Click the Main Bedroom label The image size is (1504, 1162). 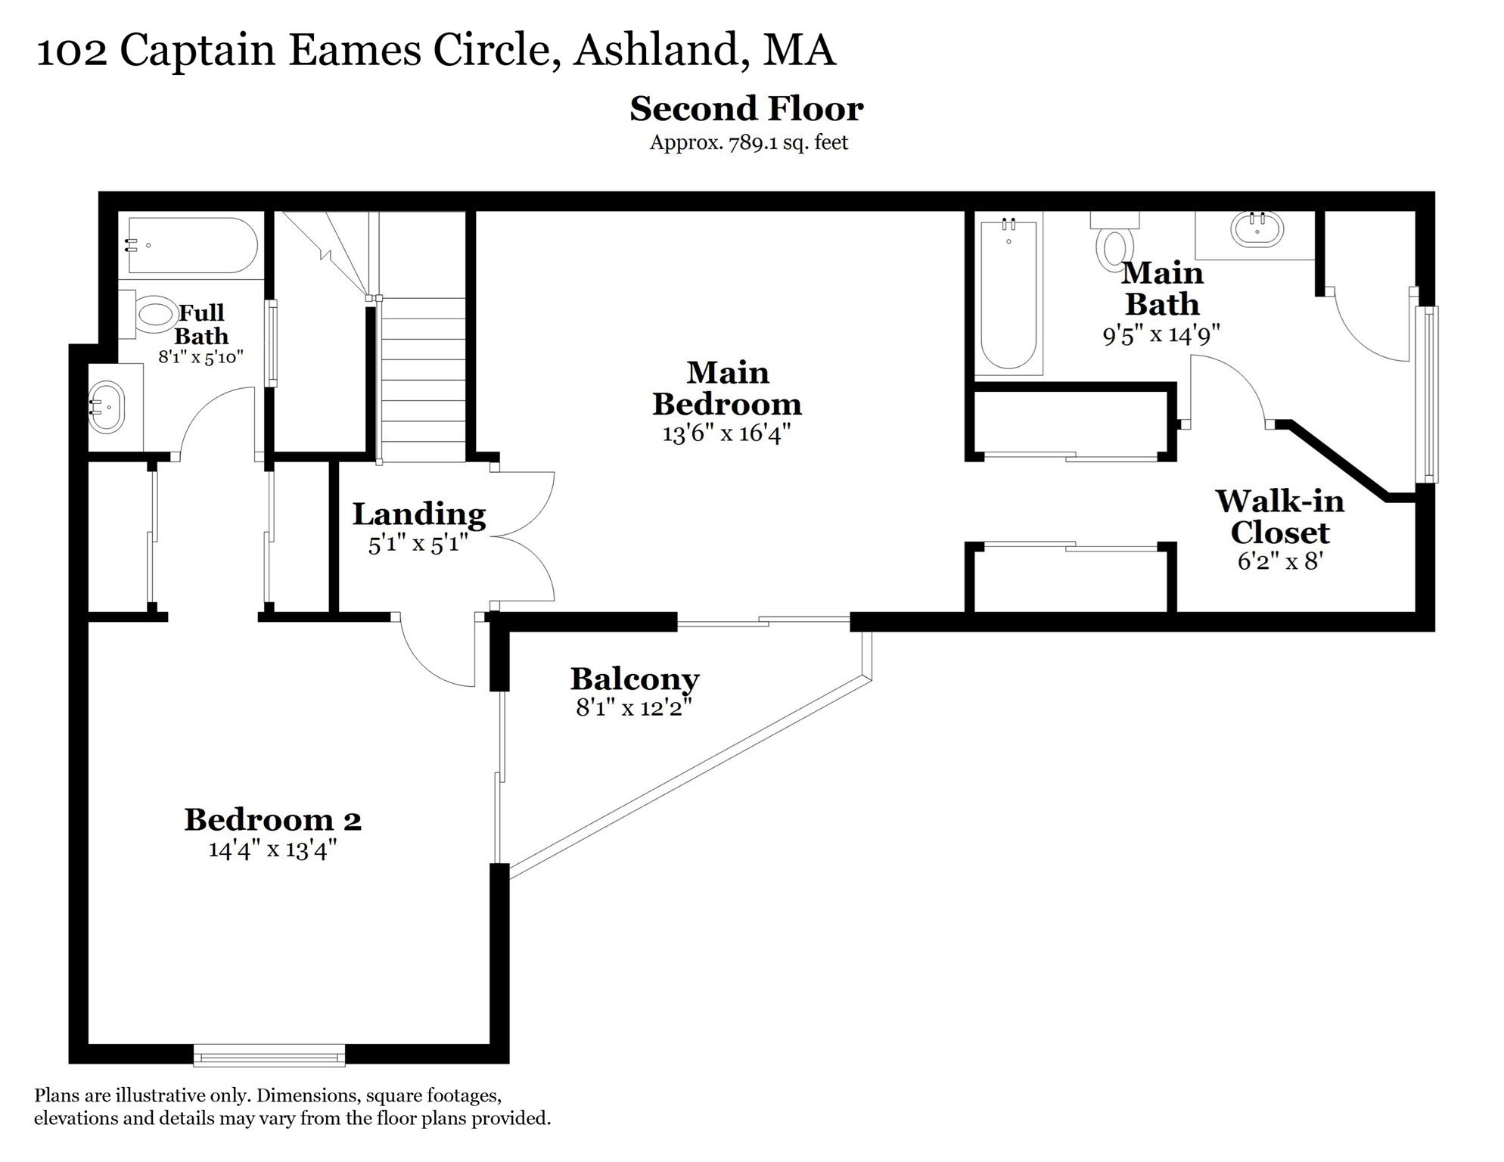727,389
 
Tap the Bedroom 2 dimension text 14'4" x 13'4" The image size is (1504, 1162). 272,850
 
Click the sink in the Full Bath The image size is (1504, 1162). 107,407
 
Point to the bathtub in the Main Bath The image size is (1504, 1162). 1008,295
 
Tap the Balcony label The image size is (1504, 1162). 634,679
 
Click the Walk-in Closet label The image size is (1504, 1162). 1279,517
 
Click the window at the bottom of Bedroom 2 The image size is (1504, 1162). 269,1055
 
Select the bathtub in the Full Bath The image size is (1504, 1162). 193,245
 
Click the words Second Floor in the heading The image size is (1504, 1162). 746,109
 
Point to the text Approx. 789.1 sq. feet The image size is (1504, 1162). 748,143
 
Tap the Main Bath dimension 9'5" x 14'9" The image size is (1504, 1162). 1161,334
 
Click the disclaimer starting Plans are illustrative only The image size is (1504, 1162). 292,1106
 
